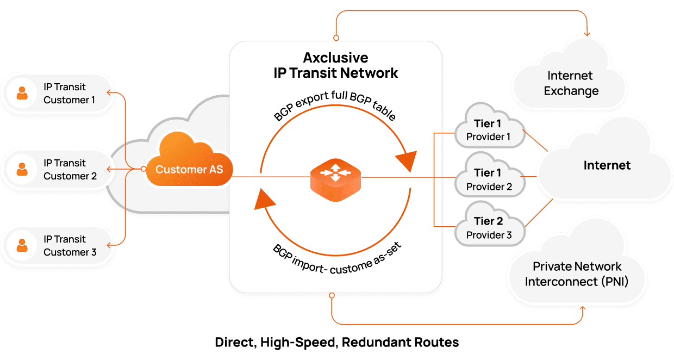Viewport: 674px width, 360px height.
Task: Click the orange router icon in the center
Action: click(336, 177)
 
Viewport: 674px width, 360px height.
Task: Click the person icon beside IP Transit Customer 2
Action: click(22, 169)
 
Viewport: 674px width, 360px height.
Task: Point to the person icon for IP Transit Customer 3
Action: click(22, 245)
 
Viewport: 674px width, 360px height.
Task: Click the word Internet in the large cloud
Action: click(607, 165)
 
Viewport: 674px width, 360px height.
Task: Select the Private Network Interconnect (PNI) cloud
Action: click(577, 274)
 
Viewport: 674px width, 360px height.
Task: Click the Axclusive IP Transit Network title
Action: click(335, 65)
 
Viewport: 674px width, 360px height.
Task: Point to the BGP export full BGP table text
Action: click(334, 107)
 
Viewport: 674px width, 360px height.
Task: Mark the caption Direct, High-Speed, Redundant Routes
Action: click(337, 343)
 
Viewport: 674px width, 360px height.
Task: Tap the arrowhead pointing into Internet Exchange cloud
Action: click(587, 34)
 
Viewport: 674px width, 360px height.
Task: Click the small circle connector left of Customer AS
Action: click(143, 169)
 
